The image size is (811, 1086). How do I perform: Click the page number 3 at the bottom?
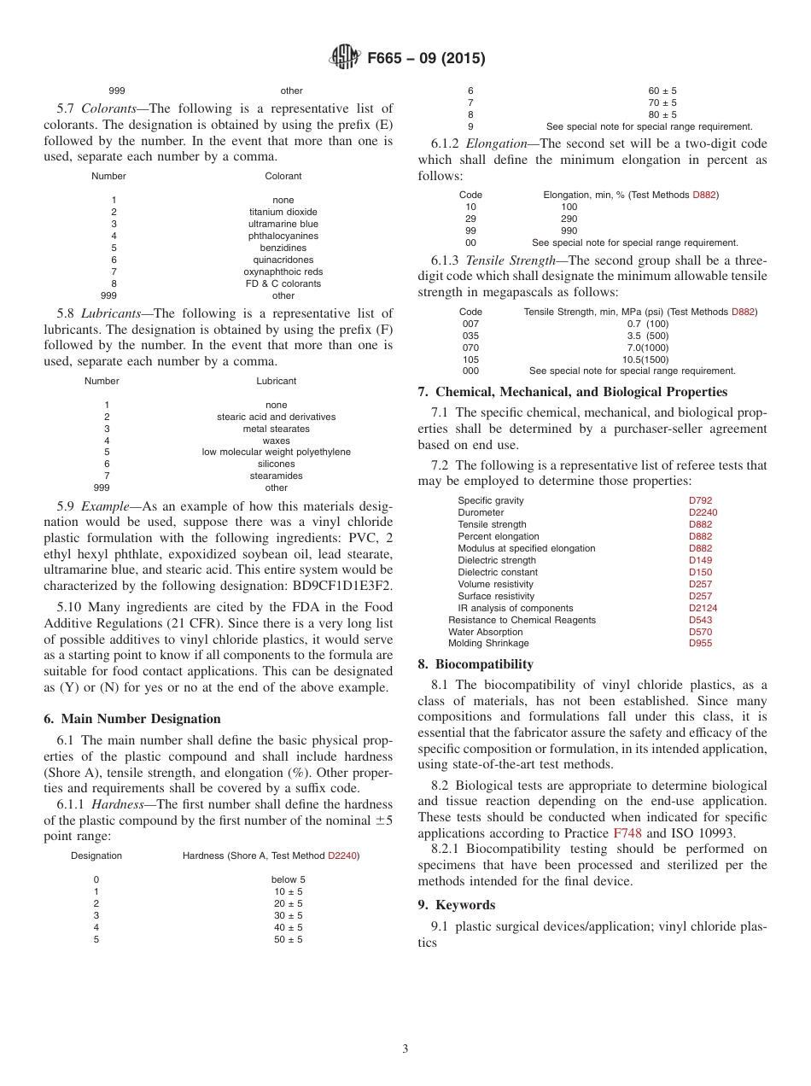[x=405, y=1048]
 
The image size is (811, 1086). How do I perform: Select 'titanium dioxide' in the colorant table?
[x=283, y=212]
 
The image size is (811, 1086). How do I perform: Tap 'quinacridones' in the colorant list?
[x=283, y=260]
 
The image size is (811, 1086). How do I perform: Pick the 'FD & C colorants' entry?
[x=283, y=283]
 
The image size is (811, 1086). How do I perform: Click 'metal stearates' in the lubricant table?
[x=277, y=429]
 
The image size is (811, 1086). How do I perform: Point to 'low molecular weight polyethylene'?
[x=277, y=452]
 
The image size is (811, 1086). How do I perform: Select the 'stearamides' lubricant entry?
[x=277, y=476]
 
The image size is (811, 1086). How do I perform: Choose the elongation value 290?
[x=569, y=219]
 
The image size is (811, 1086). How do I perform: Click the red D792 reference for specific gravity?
[x=700, y=500]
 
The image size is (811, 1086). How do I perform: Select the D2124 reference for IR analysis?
[x=703, y=608]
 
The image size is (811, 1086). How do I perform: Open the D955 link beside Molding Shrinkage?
[x=700, y=644]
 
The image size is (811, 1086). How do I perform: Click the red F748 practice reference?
[x=627, y=832]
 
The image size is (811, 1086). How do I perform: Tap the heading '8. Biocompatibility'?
[x=476, y=664]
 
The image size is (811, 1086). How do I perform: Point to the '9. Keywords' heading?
[x=456, y=905]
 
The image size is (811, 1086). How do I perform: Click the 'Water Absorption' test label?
[x=486, y=632]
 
